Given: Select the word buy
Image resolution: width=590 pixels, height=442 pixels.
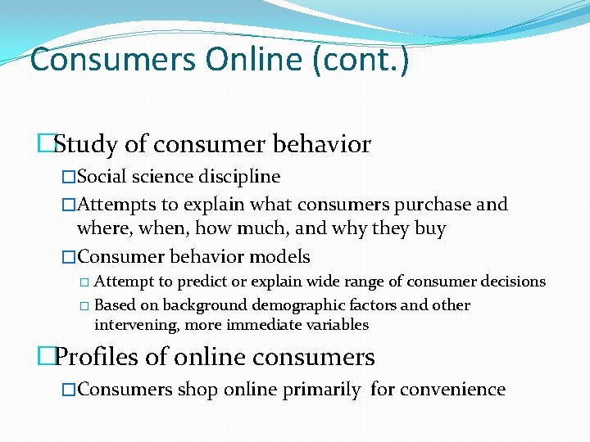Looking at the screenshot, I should click(429, 228).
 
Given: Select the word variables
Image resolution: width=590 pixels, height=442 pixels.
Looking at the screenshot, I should click(338, 325).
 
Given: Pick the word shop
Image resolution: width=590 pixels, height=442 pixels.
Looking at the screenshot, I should click(191, 390).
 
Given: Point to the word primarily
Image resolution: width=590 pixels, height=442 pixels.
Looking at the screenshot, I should click(321, 390).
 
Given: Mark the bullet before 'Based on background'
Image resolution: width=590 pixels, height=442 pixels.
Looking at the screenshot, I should click(84, 306).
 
